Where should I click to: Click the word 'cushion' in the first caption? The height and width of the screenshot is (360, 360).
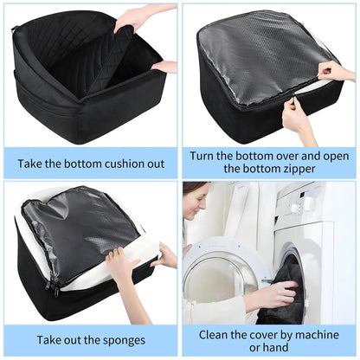pos(115,161)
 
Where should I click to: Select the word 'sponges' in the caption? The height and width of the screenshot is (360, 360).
pos(119,339)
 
